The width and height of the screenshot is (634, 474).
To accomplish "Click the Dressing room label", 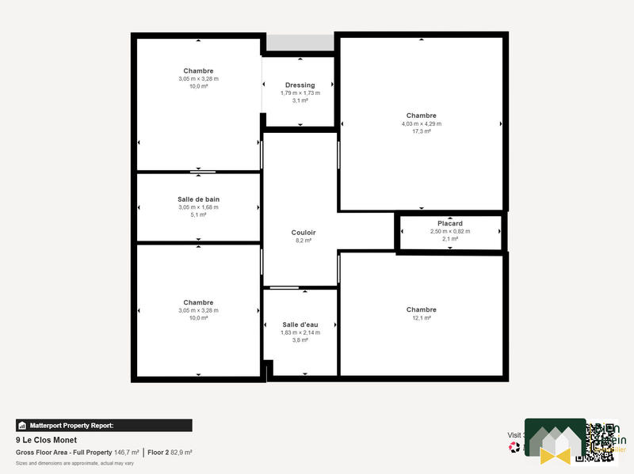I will [x=300, y=85].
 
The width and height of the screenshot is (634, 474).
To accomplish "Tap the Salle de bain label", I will [x=198, y=199].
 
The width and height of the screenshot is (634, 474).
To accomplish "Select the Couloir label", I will [x=300, y=232].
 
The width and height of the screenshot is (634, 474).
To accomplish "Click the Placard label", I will [x=450, y=224].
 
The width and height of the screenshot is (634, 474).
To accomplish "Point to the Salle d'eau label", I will [x=300, y=325].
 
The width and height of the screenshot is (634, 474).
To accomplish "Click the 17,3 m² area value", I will [x=422, y=131].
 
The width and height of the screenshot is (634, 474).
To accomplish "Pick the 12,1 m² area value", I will [x=422, y=317].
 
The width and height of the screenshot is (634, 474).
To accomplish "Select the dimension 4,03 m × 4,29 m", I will [x=422, y=123].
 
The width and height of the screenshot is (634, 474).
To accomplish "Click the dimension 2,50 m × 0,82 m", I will [x=450, y=231].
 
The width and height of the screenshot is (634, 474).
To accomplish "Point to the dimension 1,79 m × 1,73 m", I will [x=300, y=93].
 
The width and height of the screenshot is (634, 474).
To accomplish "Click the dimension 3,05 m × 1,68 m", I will [x=198, y=207].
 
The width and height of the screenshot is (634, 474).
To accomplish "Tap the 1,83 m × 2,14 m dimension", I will [x=300, y=332].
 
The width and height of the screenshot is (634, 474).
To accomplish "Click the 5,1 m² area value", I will [x=198, y=214].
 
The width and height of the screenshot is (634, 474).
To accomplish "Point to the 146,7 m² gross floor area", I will [x=127, y=452].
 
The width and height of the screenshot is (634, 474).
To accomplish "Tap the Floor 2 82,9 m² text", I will [x=170, y=452].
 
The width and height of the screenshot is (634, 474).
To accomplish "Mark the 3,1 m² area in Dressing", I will [x=300, y=100].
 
